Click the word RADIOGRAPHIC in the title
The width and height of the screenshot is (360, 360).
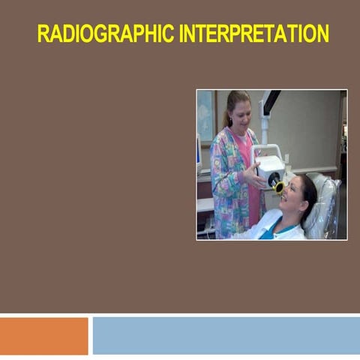click(104, 34)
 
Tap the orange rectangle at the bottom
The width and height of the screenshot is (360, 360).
click(43, 335)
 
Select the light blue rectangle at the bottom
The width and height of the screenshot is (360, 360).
click(225, 335)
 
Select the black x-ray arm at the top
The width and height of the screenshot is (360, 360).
click(269, 102)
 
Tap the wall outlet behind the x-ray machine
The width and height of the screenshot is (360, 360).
click(286, 157)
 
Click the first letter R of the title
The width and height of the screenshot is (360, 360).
click(43, 34)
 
